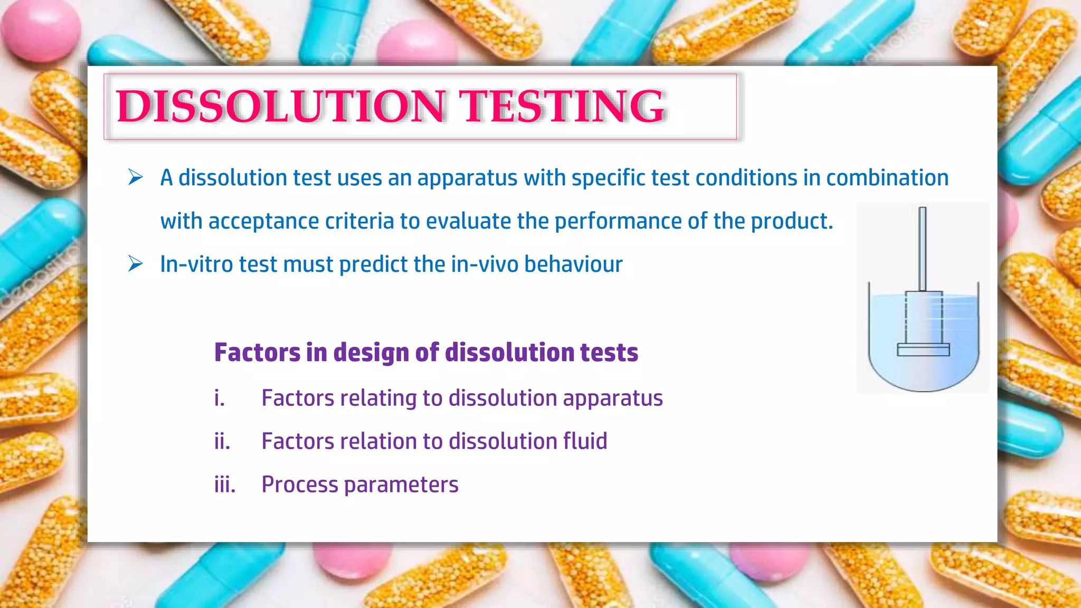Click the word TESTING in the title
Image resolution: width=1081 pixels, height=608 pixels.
pyautogui.click(x=562, y=107)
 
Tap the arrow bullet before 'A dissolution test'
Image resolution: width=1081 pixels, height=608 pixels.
pyautogui.click(x=136, y=177)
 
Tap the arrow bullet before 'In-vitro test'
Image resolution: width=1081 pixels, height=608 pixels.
pyautogui.click(x=136, y=264)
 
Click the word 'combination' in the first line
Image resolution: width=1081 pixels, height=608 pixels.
pyautogui.click(x=887, y=178)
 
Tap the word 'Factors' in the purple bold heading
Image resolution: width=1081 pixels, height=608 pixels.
pyautogui.click(x=257, y=353)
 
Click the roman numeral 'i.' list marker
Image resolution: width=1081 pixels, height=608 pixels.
pyautogui.click(x=220, y=398)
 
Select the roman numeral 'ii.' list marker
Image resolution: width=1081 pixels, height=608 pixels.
pyautogui.click(x=222, y=441)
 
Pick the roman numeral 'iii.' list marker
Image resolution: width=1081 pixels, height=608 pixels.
pyautogui.click(x=225, y=484)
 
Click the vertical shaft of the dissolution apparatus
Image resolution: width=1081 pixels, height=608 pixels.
pyautogui.click(x=922, y=248)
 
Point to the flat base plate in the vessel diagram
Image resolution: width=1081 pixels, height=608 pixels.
pyautogui.click(x=923, y=349)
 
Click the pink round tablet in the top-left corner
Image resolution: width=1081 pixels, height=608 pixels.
pyautogui.click(x=40, y=29)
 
